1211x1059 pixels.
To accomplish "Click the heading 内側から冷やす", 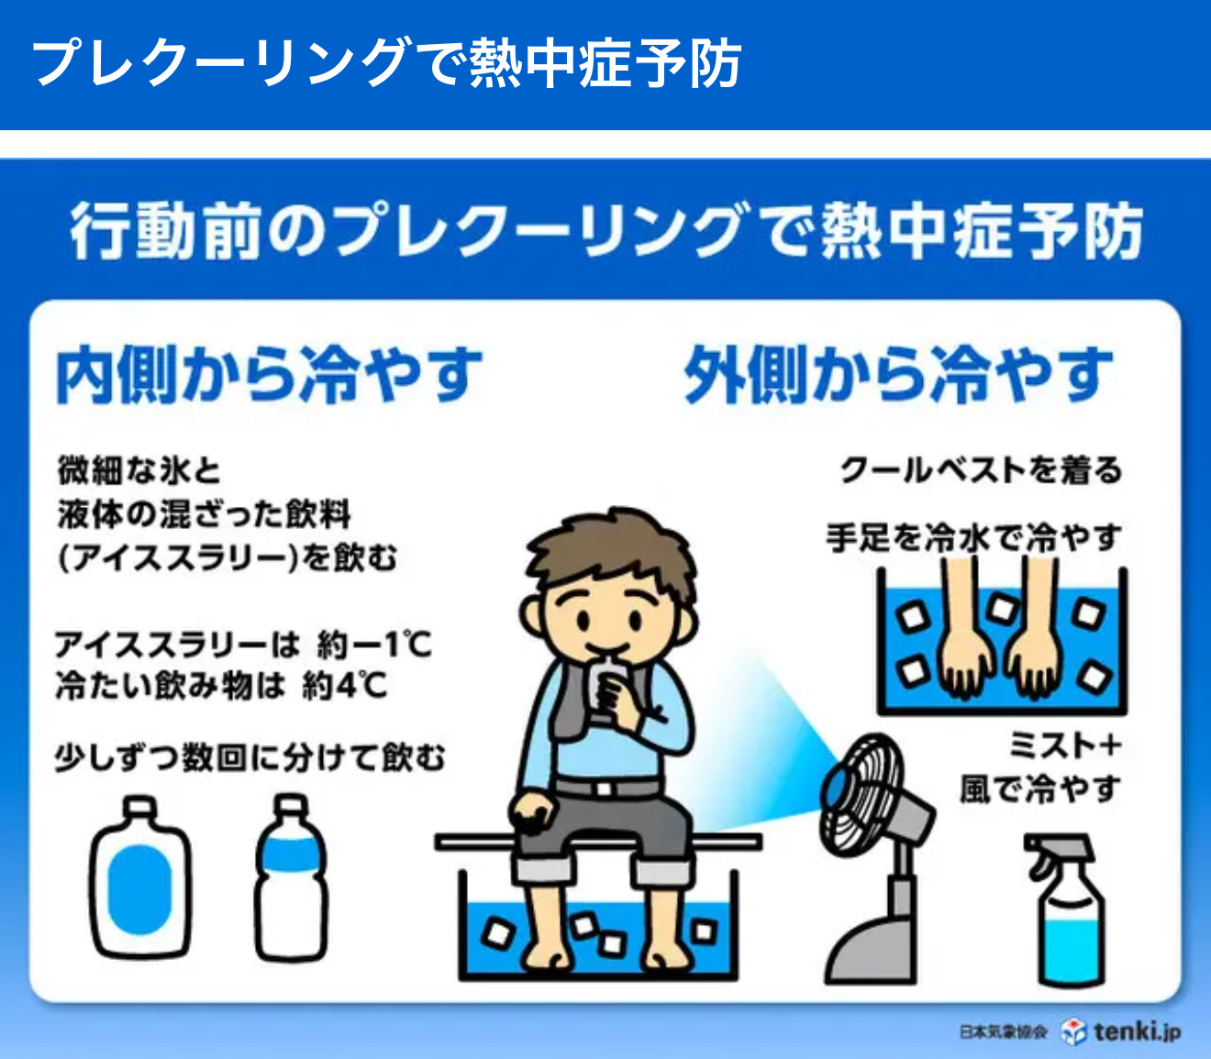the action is click(270, 375).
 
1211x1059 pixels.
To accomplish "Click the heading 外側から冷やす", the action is click(898, 375).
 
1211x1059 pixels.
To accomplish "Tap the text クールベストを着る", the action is click(981, 471).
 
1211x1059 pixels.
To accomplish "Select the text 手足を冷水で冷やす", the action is click(973, 537).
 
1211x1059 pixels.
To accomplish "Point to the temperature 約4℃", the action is click(344, 686).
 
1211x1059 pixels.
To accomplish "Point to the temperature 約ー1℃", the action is click(374, 645).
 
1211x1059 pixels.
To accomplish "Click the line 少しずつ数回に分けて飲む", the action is click(250, 758).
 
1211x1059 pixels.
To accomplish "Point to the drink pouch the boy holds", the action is click(607, 689).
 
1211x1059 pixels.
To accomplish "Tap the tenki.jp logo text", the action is click(1137, 1031).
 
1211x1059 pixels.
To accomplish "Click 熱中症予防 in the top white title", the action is click(605, 63).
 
